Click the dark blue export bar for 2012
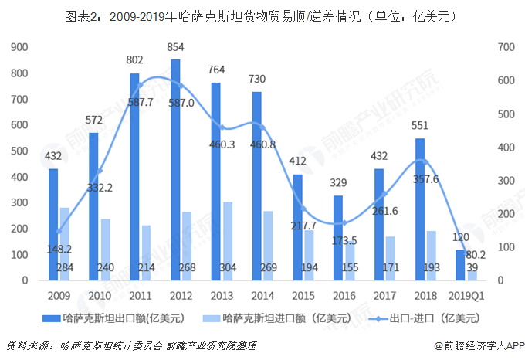click(x=176, y=169)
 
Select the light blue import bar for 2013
click(x=227, y=240)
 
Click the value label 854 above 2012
click(x=176, y=48)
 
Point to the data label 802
click(x=135, y=59)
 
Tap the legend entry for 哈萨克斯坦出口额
click(x=116, y=317)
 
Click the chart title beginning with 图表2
click(x=262, y=15)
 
